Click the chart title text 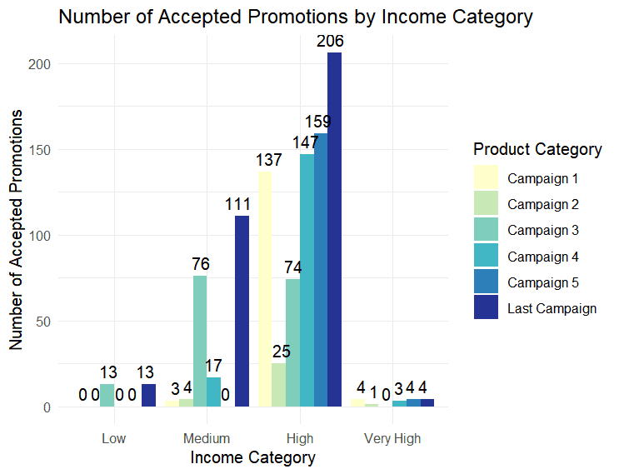pyautogui.click(x=295, y=17)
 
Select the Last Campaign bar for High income pyautogui.click(x=334, y=230)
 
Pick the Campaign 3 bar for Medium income pyautogui.click(x=200, y=342)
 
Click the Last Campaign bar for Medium pyautogui.click(x=242, y=312)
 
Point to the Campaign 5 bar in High pyautogui.click(x=321, y=270)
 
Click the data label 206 pyautogui.click(x=334, y=42)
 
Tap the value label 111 pyautogui.click(x=242, y=205)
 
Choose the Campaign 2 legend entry pyautogui.click(x=542, y=204)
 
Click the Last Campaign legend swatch pyautogui.click(x=486, y=308)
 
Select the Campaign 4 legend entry pyautogui.click(x=542, y=256)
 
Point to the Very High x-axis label pyautogui.click(x=392, y=439)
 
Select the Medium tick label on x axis pyautogui.click(x=207, y=439)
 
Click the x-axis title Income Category pyautogui.click(x=253, y=458)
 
